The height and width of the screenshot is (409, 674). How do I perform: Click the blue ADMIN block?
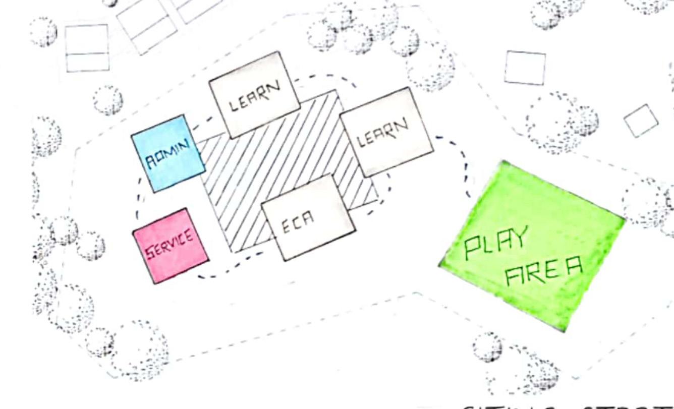[x=167, y=154]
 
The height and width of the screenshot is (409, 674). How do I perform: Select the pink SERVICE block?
[x=171, y=246]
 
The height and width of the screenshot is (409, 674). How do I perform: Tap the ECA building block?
[x=308, y=217]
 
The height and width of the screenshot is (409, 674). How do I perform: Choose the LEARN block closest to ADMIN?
[x=254, y=94]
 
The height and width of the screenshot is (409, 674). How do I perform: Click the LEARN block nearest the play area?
[x=386, y=132]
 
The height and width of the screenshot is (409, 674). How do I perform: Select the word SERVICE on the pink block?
[x=170, y=245]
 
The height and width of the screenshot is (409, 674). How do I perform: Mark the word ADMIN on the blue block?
[x=167, y=154]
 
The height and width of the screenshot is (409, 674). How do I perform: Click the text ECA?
[x=298, y=225]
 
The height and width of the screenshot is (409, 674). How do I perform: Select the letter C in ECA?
[x=297, y=226]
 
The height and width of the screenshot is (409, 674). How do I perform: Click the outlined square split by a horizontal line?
[x=87, y=48]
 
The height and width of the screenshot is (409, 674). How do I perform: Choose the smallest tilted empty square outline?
[x=641, y=121]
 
